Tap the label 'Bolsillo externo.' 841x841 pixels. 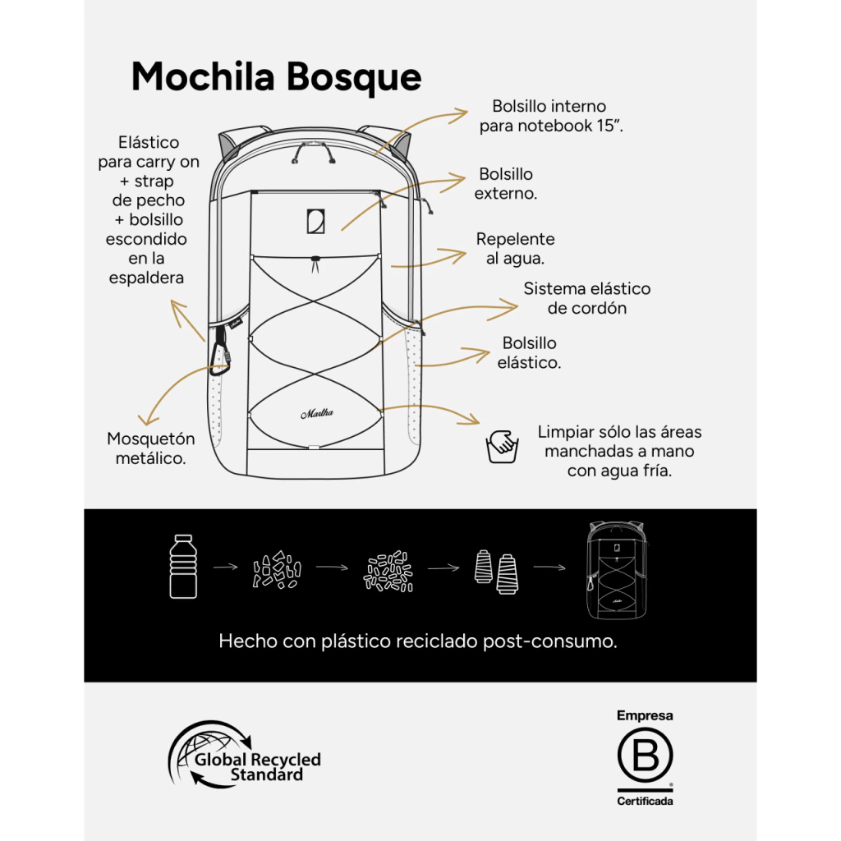(x=506, y=184)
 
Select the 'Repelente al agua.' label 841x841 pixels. (x=515, y=248)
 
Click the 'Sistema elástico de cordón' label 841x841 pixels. (x=586, y=298)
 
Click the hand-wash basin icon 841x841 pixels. (x=501, y=446)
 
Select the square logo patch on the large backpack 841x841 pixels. (x=315, y=221)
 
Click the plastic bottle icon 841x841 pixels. (x=183, y=566)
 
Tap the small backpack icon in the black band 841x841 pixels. (x=615, y=568)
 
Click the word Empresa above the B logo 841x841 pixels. (x=645, y=715)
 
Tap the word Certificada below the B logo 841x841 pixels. (x=645, y=801)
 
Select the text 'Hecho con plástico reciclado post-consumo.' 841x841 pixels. (x=417, y=641)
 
